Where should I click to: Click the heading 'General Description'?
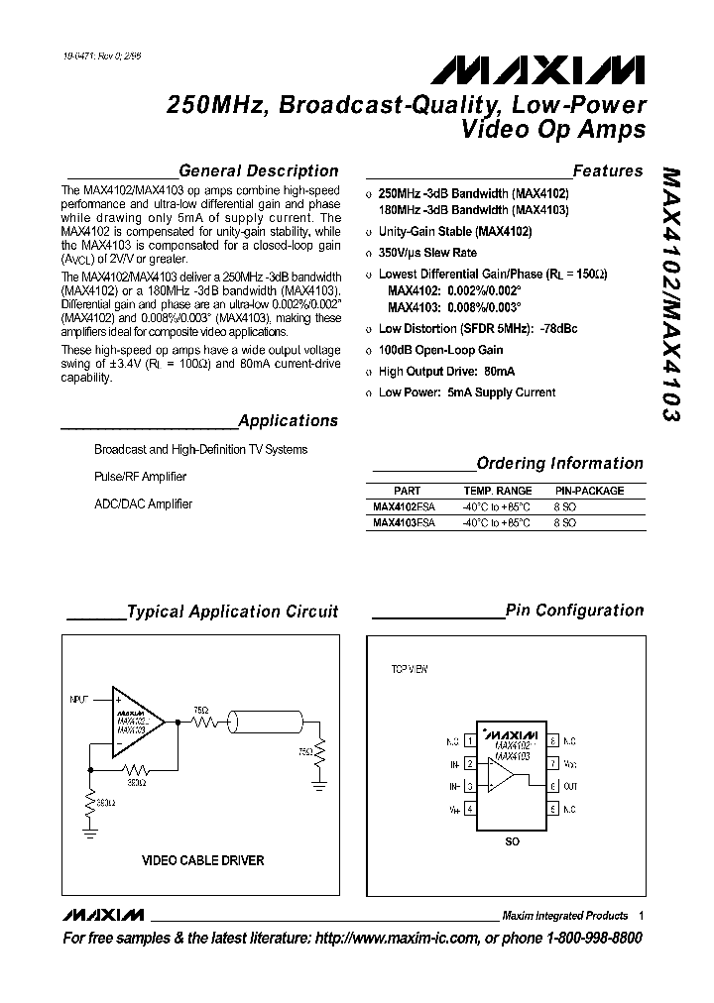click(x=258, y=170)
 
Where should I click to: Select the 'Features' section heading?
click(x=608, y=170)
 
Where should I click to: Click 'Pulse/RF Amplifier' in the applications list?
click(x=140, y=477)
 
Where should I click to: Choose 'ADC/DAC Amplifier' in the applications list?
click(x=143, y=503)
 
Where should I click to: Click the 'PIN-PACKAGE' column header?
click(x=589, y=491)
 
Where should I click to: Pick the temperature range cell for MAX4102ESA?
click(x=497, y=506)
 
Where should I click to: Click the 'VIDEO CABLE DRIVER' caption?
click(x=203, y=860)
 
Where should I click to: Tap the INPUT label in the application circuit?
click(x=79, y=700)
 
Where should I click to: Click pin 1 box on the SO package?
click(x=468, y=741)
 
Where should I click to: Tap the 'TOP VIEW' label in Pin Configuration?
click(x=409, y=670)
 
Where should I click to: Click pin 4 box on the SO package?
click(x=468, y=810)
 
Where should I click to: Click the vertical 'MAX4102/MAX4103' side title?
click(x=671, y=294)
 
